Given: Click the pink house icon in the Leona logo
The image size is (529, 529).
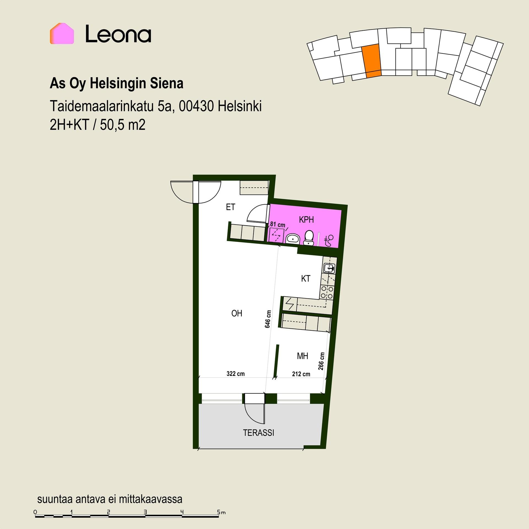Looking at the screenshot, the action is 62,34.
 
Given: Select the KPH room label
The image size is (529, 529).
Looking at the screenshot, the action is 306,220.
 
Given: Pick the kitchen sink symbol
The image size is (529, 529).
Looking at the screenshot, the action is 329,268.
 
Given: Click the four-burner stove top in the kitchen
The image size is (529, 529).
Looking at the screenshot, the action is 327,293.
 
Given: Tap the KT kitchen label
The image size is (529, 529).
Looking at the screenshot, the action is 306,279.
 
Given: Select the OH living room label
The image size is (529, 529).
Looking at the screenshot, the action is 237,313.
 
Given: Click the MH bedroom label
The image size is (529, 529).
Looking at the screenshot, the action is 302,356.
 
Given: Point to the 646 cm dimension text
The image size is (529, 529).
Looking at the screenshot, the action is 268,319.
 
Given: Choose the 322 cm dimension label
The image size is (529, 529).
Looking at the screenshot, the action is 236,374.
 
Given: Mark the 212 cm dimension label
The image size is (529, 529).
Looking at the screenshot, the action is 301,374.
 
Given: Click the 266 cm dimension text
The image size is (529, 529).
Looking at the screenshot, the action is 321,361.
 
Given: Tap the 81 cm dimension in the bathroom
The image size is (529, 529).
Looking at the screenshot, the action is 277,225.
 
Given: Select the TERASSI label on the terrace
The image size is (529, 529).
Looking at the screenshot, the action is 258,433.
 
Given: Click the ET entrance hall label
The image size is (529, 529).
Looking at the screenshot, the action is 230,207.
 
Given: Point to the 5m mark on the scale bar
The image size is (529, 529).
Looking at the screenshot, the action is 221,512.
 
